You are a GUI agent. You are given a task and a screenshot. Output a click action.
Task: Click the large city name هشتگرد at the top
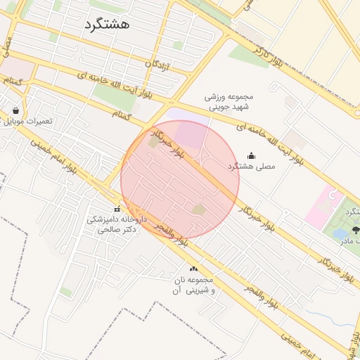coord(107,25)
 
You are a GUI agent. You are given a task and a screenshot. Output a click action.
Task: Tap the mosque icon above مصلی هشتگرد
coord(252,155)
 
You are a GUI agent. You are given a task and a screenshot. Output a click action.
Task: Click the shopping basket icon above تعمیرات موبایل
coord(15,110)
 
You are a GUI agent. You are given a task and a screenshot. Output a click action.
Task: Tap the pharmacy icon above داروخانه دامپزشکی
coord(117,209)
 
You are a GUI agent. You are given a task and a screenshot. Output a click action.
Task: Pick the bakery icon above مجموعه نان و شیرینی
coord(193,269)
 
